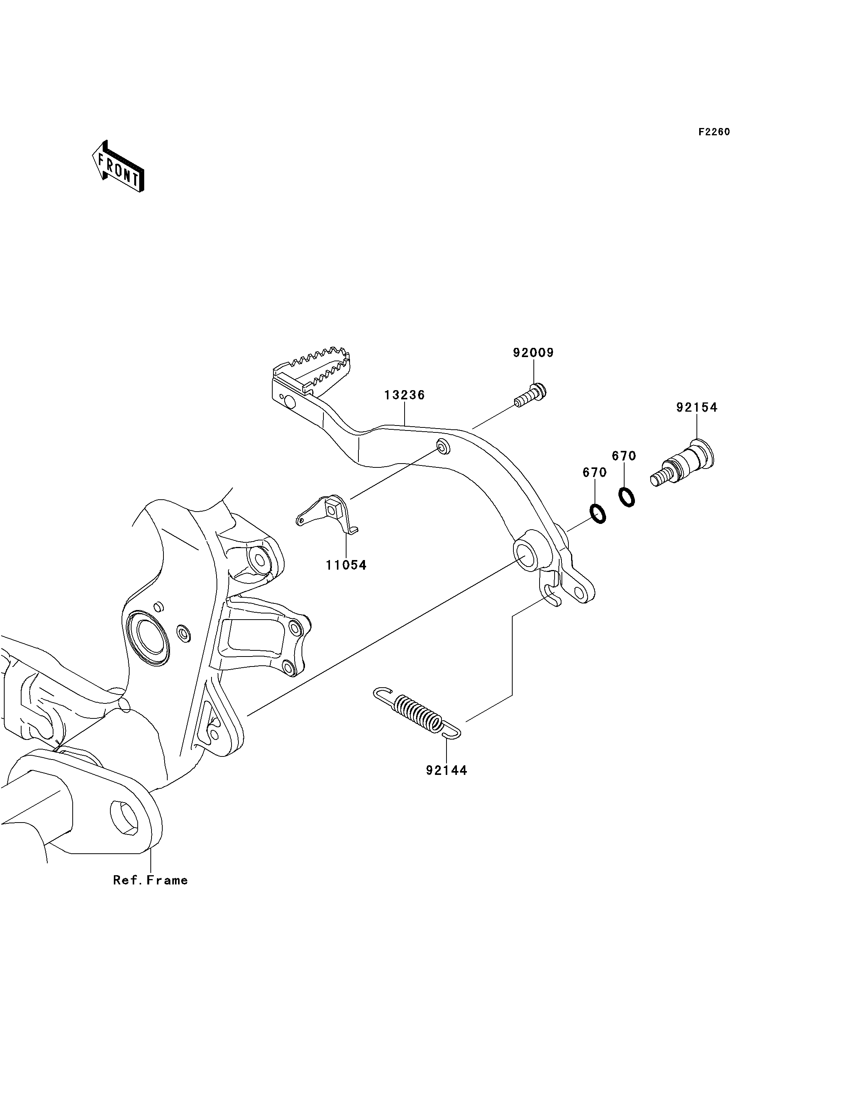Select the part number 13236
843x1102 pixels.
405,395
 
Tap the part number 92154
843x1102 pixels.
696,408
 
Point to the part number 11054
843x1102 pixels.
346,565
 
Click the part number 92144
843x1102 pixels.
446,770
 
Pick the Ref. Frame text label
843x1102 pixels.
150,880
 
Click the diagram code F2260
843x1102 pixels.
715,132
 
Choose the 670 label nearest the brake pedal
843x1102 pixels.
595,472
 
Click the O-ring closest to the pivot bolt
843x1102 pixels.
627,497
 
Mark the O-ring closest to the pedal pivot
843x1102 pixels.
598,514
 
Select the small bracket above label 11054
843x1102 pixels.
328,515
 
